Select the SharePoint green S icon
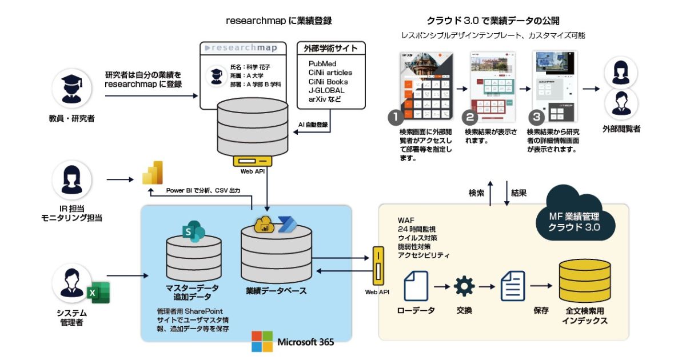point(193,230)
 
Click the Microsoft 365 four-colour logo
point(262,342)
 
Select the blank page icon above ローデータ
point(416,286)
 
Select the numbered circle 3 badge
point(536,118)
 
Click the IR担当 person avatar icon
point(71,180)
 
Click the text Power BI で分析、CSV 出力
point(203,190)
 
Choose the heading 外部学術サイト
point(331,48)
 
